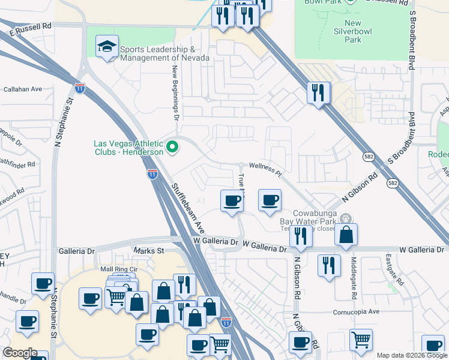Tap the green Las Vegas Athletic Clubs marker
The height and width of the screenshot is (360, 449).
pyautogui.click(x=173, y=146)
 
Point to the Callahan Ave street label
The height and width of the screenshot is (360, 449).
pyautogui.click(x=22, y=89)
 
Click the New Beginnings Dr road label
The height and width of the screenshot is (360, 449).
pyautogui.click(x=176, y=94)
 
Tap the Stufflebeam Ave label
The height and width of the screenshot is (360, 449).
pyautogui.click(x=187, y=201)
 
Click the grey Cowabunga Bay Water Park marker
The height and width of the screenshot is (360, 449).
pyautogui.click(x=345, y=218)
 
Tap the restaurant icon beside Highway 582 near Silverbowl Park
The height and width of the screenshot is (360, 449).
pyautogui.click(x=318, y=93)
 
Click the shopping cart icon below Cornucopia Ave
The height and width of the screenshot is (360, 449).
pyautogui.click(x=361, y=341)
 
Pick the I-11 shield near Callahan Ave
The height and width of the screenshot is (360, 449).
pyautogui.click(x=80, y=88)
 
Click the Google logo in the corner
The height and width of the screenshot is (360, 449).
pyautogui.click(x=20, y=353)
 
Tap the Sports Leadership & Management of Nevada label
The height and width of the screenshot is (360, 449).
pyautogui.click(x=164, y=53)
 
